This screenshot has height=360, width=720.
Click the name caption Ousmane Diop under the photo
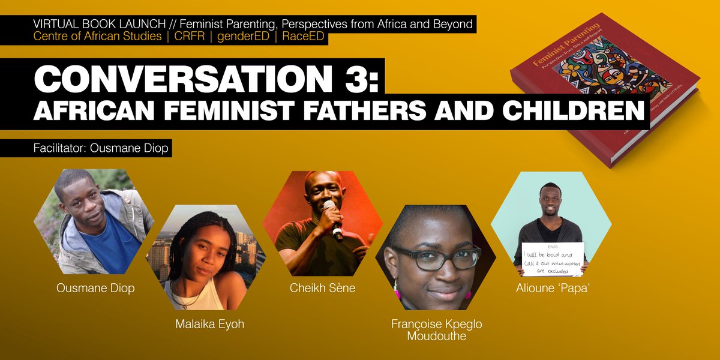pyautogui.click(x=95, y=288)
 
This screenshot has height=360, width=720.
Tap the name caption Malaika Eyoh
pyautogui.click(x=209, y=325)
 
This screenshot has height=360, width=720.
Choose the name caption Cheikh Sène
pyautogui.click(x=322, y=288)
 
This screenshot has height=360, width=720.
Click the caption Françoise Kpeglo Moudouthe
pyautogui.click(x=436, y=330)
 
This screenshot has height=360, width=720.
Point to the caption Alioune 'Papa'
pyautogui.click(x=550, y=288)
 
